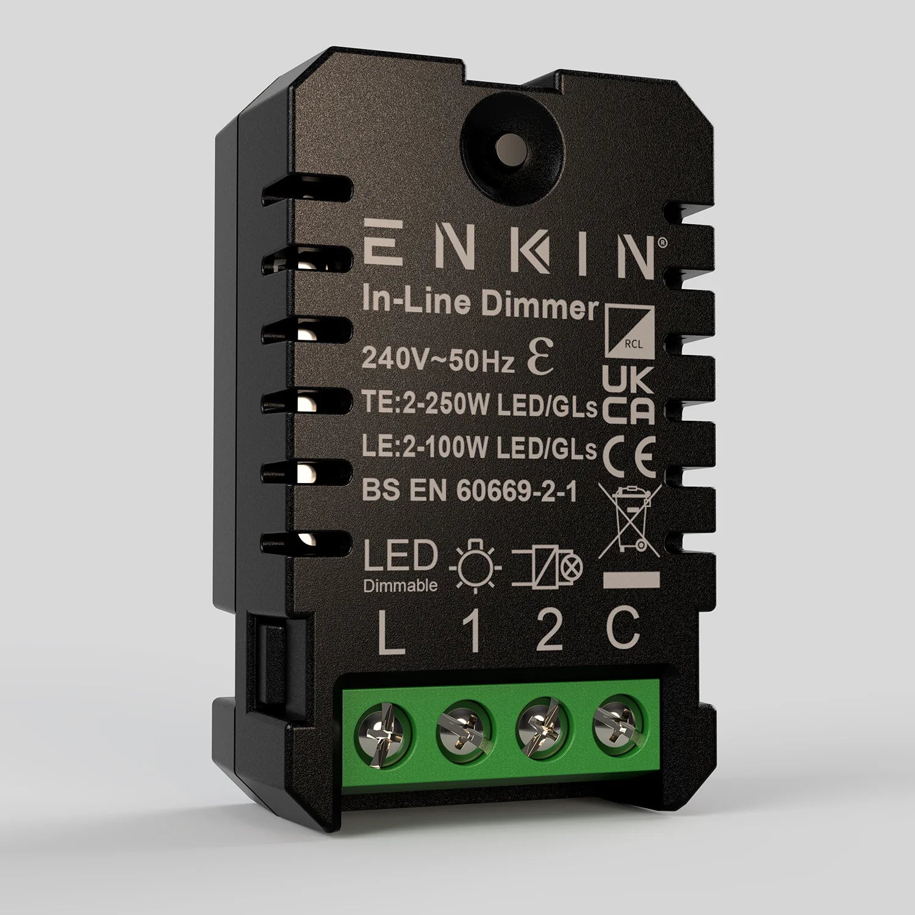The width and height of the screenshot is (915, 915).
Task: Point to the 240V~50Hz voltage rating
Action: (439, 361)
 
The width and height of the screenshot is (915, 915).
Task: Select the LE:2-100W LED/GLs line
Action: (479, 449)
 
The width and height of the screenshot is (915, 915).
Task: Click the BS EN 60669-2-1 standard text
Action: (470, 491)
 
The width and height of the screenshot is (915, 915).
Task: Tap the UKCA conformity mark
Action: (628, 396)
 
